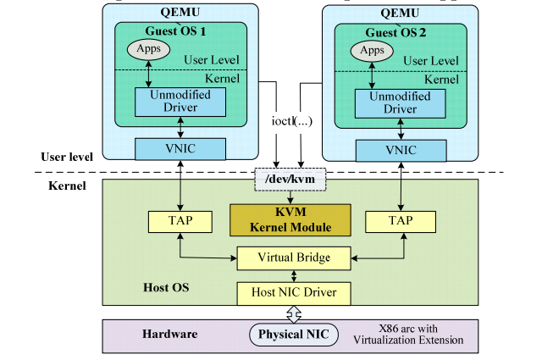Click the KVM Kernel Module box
pyautogui.click(x=291, y=220)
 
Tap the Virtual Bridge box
pyautogui.click(x=294, y=258)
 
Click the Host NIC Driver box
pyautogui.click(x=294, y=293)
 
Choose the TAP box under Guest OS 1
pyautogui.click(x=180, y=221)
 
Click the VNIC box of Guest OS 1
pyautogui.click(x=180, y=149)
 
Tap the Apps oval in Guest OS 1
pyautogui.click(x=149, y=50)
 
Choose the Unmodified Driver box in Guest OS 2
pyautogui.click(x=397, y=101)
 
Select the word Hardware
pyautogui.click(x=170, y=334)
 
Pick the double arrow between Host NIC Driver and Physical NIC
pyautogui.click(x=292, y=313)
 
